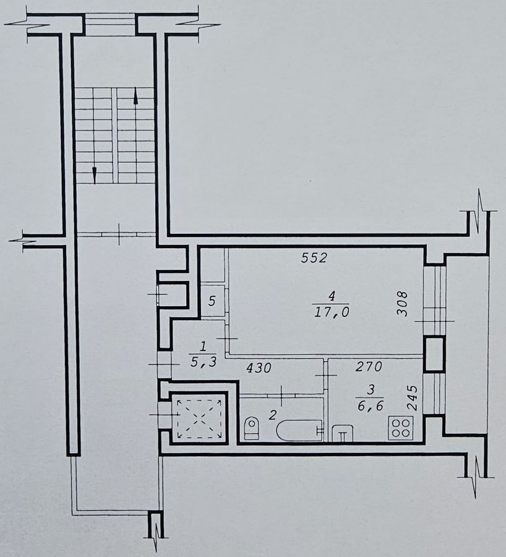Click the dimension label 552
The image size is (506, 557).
point(314,258)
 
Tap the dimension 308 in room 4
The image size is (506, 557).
point(402,304)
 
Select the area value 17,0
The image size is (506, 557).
point(332,312)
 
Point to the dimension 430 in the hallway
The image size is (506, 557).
point(259,368)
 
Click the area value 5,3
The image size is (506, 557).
point(204,362)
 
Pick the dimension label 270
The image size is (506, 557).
point(369,366)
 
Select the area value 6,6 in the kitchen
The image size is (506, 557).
point(371,405)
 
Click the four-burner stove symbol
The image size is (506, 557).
point(401,428)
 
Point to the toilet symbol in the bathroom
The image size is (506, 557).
point(252,427)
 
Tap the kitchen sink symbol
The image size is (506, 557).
point(343,433)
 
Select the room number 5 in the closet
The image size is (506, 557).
point(212,301)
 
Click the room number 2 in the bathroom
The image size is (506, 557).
point(272,415)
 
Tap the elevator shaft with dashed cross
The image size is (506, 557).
point(199,418)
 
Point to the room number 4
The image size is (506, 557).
point(332,296)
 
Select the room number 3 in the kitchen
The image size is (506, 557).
point(371,390)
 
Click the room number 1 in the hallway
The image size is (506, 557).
point(204,345)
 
